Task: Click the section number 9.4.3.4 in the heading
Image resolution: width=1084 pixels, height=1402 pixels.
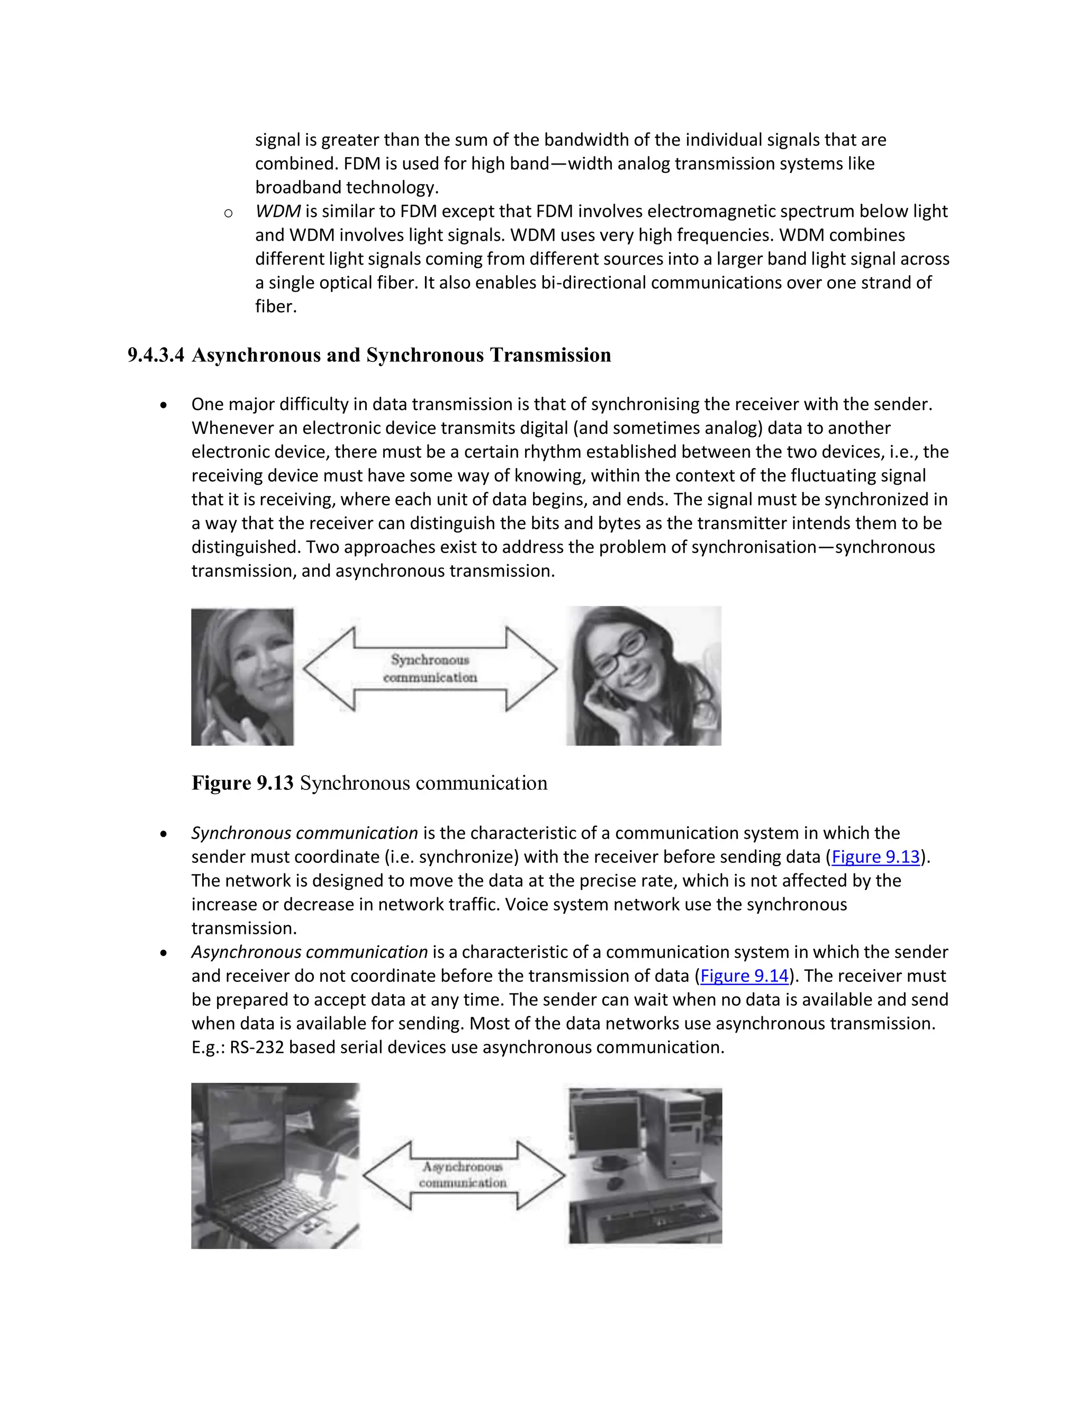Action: [156, 355]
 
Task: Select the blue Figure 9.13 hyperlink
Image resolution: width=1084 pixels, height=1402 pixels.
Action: [875, 857]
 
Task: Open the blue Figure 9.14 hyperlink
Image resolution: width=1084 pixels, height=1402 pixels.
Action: [744, 975]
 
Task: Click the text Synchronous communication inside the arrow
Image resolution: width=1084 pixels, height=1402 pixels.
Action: [430, 668]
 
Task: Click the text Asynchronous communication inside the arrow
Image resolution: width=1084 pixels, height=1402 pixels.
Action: [463, 1174]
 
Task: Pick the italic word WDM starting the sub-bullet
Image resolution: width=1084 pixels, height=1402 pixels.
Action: [277, 211]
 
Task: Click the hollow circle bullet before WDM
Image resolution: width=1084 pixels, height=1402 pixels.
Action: [228, 213]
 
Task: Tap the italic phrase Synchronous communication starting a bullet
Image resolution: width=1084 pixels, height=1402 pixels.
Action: [304, 833]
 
